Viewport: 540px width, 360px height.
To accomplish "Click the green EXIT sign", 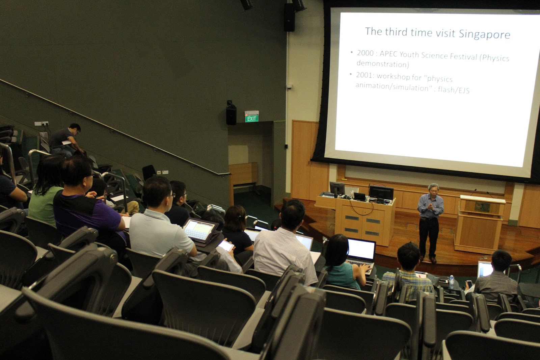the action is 251,119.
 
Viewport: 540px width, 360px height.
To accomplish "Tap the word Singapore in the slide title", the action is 484,34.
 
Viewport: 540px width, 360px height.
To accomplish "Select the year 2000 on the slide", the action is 366,53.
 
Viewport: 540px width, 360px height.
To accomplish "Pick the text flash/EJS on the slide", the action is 454,90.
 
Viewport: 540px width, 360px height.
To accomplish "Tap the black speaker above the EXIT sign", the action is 231,113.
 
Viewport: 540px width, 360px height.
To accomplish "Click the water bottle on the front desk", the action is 452,282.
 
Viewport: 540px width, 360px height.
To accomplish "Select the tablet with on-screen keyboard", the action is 199,230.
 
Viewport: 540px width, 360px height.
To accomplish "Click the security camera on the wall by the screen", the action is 289,87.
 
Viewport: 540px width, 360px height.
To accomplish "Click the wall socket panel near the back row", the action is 42,124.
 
